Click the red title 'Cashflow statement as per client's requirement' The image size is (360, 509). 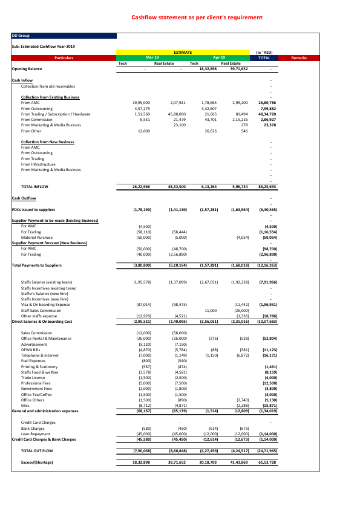pos(197,18)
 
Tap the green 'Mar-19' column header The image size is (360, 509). pos(152,57)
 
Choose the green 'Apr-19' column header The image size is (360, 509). pos(219,57)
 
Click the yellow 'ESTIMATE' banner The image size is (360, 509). pos(183,53)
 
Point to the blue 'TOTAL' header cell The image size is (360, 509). pos(264,57)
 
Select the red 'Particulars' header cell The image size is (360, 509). pos(64,57)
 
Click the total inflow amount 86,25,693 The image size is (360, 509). pos(267,187)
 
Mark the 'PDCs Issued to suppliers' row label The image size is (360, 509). pos(34,209)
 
